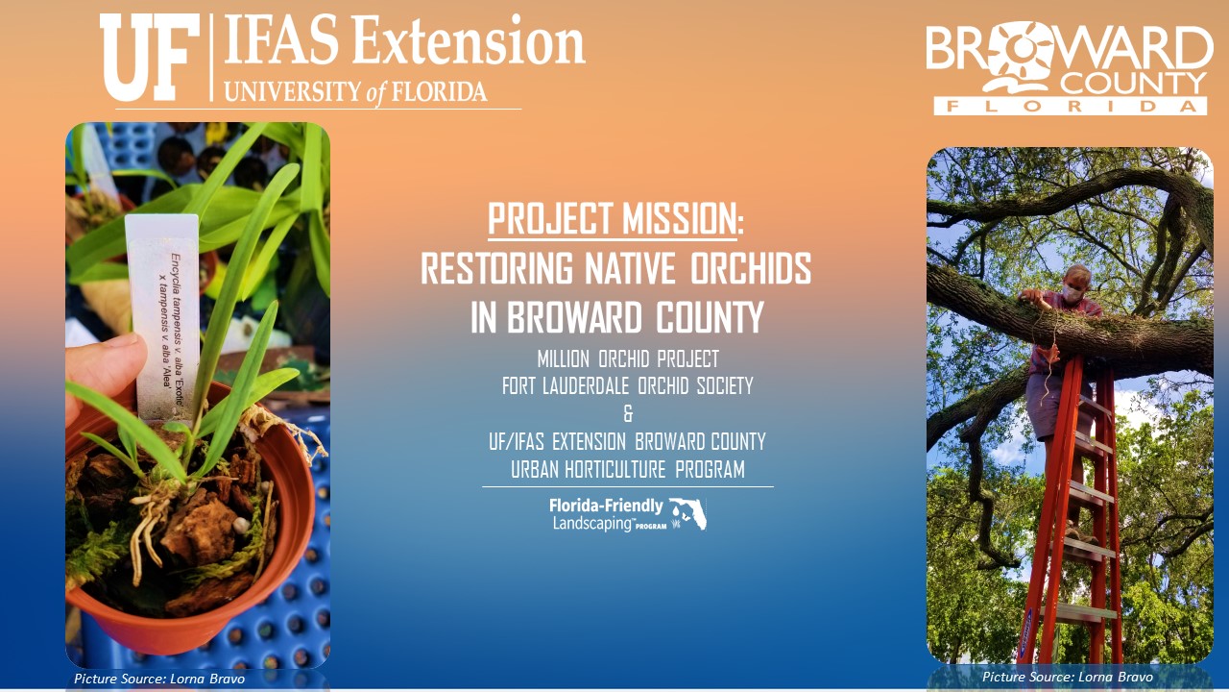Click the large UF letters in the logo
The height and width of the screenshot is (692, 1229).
149,57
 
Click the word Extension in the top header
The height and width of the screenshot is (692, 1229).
468,40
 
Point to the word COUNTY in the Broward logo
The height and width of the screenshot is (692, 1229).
1134,84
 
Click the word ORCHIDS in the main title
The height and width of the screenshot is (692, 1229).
751,268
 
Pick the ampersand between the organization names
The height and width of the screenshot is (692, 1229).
628,413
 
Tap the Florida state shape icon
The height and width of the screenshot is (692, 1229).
688,513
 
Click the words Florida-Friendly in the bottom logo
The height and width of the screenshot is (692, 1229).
606,505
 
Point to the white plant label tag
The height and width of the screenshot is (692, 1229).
163,318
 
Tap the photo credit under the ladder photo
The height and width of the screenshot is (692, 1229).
1067,677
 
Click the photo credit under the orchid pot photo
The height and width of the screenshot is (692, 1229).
159,679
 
